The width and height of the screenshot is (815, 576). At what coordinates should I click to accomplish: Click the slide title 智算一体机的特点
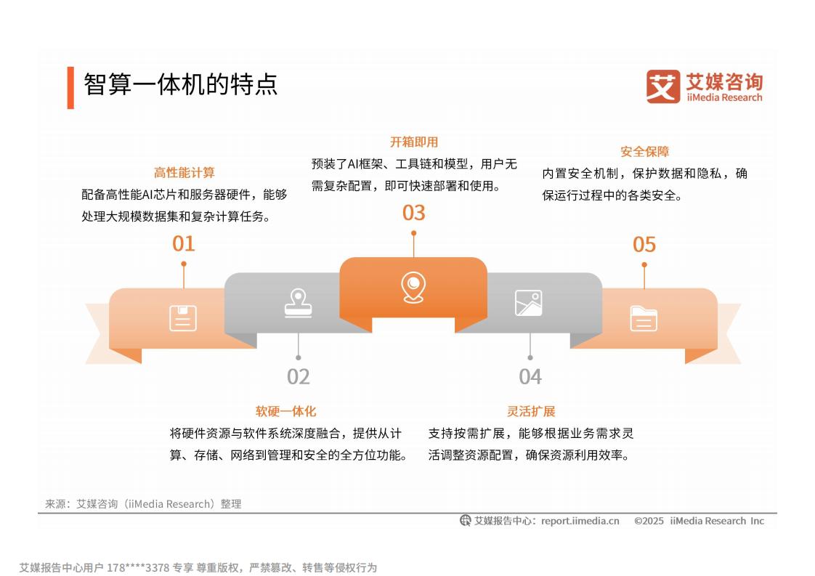[180, 84]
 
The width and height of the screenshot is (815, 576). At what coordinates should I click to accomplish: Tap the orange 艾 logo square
[662, 86]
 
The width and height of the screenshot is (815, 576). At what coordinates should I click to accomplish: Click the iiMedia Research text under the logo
[724, 98]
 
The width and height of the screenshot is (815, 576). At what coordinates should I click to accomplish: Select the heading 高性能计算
[184, 173]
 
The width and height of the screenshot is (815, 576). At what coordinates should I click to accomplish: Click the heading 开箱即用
[414, 142]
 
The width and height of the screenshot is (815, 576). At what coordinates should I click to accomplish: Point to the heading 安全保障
[644, 152]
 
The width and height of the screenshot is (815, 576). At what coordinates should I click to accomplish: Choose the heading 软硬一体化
[286, 411]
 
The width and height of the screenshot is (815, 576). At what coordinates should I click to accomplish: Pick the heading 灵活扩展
[531, 411]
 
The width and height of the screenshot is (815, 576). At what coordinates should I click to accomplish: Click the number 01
[184, 244]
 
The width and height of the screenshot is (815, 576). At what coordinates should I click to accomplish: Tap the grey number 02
[299, 377]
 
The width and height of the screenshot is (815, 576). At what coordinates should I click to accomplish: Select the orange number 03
[414, 213]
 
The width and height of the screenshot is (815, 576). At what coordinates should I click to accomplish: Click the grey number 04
[530, 377]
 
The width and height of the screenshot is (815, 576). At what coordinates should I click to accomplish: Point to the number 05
[644, 245]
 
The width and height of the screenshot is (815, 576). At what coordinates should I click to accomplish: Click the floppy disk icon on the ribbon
[183, 318]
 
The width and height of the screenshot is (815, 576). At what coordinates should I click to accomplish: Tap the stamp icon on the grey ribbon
[299, 303]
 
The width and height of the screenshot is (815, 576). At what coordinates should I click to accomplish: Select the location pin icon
[413, 288]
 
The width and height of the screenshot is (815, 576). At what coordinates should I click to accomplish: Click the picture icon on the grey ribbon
[529, 303]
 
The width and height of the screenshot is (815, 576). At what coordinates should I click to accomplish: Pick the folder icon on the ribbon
[644, 319]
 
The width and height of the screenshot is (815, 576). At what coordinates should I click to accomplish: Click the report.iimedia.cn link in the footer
[580, 521]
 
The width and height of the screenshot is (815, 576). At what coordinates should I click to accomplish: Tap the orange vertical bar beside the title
[70, 88]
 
